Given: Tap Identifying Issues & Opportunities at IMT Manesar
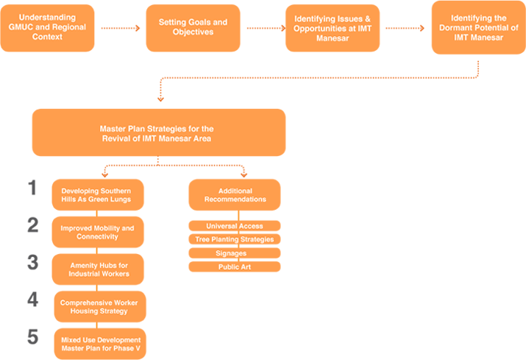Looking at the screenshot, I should tap(332, 31).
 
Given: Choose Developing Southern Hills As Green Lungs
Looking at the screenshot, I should tap(97, 195).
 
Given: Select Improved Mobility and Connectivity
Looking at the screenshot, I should tap(97, 232).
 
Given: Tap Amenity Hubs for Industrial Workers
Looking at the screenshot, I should tap(97, 269).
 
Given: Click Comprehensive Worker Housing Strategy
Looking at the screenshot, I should tap(99, 306).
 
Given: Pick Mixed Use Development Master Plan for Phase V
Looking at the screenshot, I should tap(100, 344).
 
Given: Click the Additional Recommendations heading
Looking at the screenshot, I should tap(235, 195).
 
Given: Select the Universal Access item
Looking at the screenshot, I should tap(235, 226).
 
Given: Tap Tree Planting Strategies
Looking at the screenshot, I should tap(235, 239).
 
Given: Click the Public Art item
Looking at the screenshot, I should tap(234, 267).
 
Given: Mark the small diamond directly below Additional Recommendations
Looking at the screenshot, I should tap(237, 214).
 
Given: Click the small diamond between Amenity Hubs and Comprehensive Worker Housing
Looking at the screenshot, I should tap(97, 288).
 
